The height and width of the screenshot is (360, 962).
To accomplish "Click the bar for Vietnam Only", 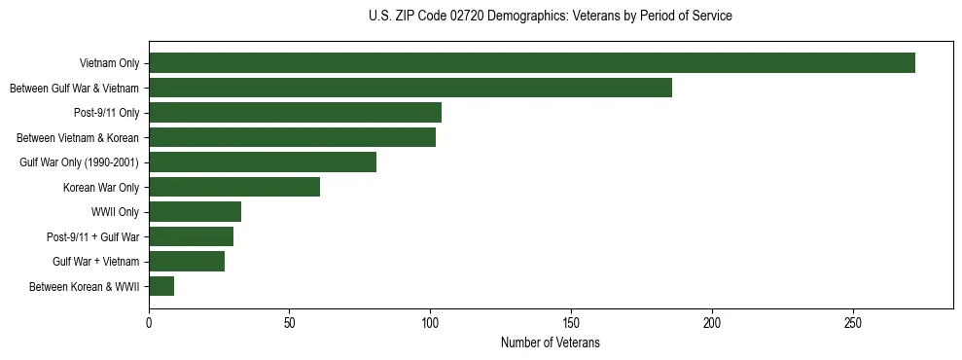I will (532, 63).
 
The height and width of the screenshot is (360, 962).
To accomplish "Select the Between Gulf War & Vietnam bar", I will (410, 88).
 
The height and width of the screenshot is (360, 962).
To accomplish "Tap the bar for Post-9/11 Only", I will (295, 113).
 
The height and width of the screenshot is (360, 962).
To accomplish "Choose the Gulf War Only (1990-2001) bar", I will (263, 162).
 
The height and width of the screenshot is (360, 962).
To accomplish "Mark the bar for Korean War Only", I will (234, 187).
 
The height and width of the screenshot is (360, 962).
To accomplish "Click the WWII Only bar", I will (195, 212).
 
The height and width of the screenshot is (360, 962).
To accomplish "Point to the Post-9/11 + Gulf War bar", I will (191, 236).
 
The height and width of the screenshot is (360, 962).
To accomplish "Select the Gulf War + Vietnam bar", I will (187, 261).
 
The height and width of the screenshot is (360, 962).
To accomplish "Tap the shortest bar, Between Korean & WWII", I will (161, 286).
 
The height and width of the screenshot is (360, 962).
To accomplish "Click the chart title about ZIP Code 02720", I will (551, 17).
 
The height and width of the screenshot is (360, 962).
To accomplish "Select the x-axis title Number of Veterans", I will (551, 343).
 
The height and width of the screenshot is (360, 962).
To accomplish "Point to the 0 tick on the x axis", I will (149, 322).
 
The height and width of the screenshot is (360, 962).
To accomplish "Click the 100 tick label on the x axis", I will (430, 322).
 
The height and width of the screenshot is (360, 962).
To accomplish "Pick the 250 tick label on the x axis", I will (852, 322).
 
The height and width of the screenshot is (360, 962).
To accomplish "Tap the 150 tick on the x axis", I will (571, 322).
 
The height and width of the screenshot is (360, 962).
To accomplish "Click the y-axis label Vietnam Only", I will (109, 64).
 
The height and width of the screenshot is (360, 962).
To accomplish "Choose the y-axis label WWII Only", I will (115, 212).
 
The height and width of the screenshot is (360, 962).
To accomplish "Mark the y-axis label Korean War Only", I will (101, 187).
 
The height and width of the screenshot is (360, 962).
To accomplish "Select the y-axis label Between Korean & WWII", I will (85, 287).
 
